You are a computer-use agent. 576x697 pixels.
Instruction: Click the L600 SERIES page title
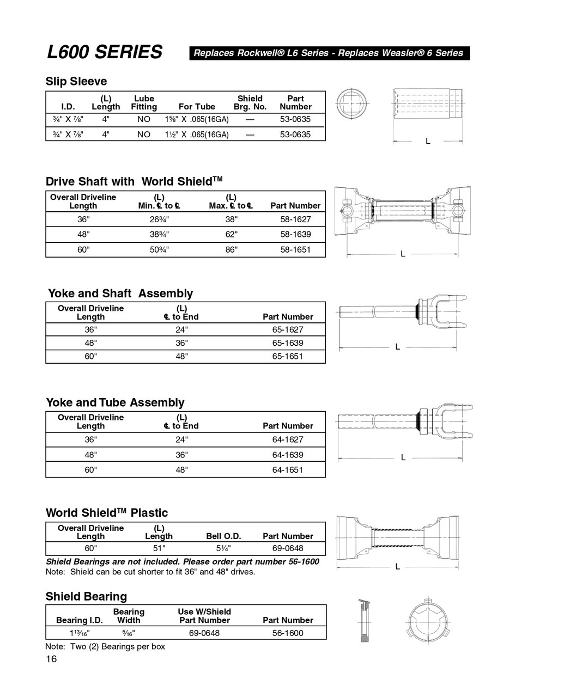pyautogui.click(x=105, y=52)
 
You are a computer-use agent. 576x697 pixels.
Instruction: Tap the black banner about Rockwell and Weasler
pyautogui.click(x=329, y=53)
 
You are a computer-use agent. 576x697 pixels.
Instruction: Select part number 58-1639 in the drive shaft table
pyautogui.click(x=295, y=234)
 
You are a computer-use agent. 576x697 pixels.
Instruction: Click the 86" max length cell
pyautogui.click(x=231, y=250)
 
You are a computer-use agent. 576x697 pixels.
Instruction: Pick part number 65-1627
pyautogui.click(x=288, y=329)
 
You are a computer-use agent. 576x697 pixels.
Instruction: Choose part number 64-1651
pyautogui.click(x=288, y=469)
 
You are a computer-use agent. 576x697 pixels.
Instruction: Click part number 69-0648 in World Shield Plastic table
pyautogui.click(x=288, y=548)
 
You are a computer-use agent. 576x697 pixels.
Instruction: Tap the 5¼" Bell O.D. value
pyautogui.click(x=223, y=548)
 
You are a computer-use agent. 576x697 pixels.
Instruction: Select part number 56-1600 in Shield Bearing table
pyautogui.click(x=288, y=633)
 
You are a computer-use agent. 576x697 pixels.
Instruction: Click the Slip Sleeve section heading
pyautogui.click(x=76, y=82)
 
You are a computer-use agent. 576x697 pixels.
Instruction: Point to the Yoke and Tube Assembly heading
pyautogui.click(x=115, y=402)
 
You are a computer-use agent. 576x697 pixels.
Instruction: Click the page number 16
pyautogui.click(x=51, y=659)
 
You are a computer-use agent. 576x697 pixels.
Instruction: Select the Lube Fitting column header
pyautogui.click(x=144, y=103)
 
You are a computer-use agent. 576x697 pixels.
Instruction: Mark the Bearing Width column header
pyautogui.click(x=129, y=616)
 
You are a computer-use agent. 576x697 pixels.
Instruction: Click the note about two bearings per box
pyautogui.click(x=105, y=646)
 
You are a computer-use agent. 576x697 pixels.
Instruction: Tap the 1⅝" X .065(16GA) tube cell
pyautogui.click(x=197, y=119)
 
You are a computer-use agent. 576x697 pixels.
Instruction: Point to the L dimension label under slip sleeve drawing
pyautogui.click(x=428, y=141)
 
